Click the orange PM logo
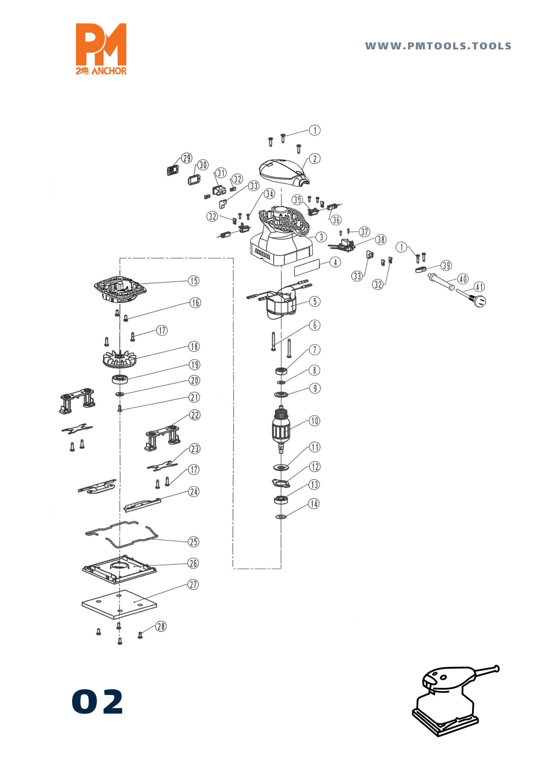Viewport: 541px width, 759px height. coord(101,49)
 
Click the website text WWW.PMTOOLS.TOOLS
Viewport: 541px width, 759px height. coord(438,46)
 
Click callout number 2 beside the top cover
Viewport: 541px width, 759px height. coord(315,159)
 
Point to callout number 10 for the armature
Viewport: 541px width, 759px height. coord(315,421)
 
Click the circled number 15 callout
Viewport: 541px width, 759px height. coord(194,281)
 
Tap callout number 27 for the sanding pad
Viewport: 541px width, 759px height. coord(193,584)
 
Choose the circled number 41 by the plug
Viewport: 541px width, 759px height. coord(479,287)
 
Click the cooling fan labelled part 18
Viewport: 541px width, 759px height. coord(119,359)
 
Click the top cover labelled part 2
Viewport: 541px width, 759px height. coord(284,172)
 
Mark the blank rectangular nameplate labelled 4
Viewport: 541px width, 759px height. coord(307,267)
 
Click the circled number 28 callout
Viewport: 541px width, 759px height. coord(161,626)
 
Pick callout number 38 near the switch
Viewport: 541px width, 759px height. coord(381,240)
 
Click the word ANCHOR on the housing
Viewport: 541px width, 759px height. coord(262,254)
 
